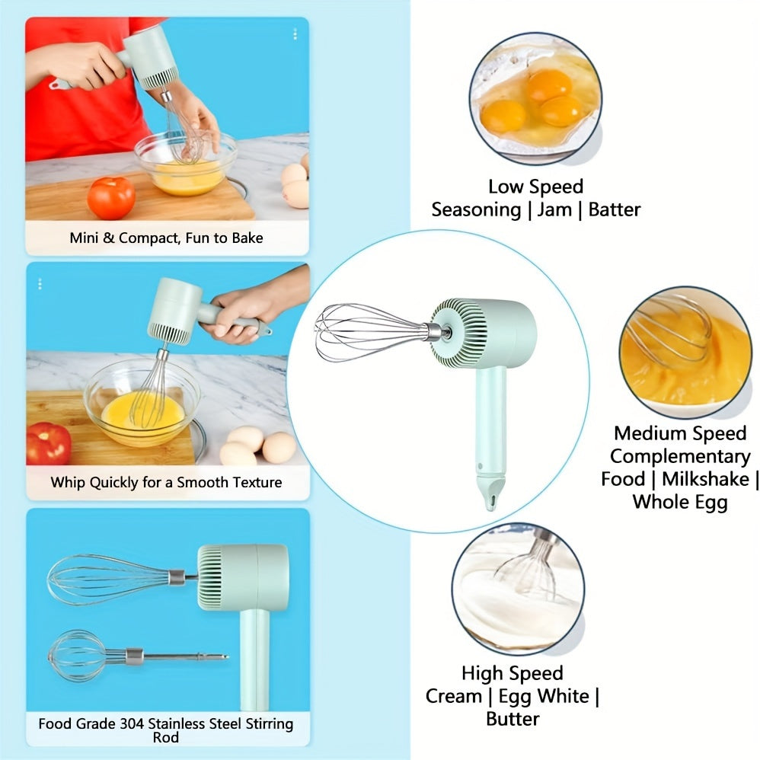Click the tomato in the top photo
point(111,197)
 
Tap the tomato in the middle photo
point(49,443)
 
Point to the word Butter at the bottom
point(513,718)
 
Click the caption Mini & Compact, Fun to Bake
point(166,238)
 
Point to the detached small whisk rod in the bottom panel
point(137,656)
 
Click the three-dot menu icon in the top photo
point(295,34)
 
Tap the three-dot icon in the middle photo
point(40,284)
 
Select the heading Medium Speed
point(680,433)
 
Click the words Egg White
point(548,695)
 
